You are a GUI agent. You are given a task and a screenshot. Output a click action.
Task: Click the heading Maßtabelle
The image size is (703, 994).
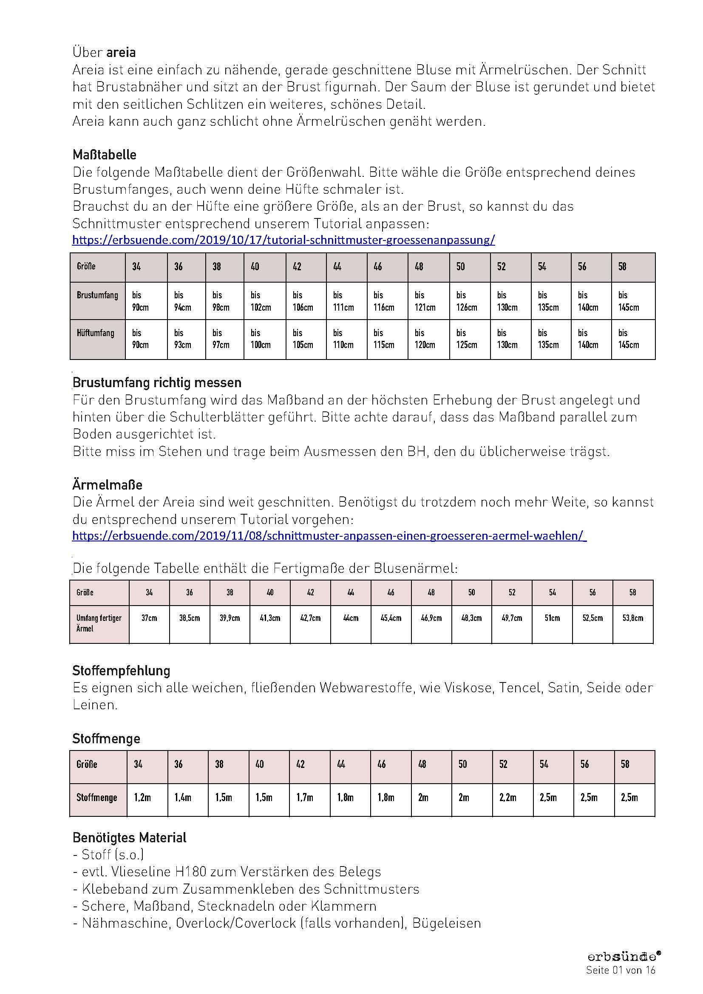click(x=104, y=155)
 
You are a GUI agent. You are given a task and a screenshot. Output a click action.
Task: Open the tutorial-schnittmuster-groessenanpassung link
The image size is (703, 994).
click(x=283, y=240)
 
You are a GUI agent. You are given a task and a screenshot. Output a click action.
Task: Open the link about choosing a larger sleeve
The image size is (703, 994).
click(x=329, y=536)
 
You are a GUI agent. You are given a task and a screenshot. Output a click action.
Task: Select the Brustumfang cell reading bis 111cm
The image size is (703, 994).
click(x=343, y=301)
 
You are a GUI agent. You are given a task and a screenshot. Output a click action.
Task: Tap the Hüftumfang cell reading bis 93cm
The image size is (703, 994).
click(x=183, y=339)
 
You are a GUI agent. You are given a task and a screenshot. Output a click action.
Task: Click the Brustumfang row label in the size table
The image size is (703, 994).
click(x=97, y=295)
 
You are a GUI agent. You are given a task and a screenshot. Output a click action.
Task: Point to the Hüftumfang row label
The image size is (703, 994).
click(x=96, y=333)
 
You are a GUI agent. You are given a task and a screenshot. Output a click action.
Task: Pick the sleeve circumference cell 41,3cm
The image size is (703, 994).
click(x=270, y=618)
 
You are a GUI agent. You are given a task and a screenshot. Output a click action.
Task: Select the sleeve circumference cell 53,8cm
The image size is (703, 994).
click(x=632, y=618)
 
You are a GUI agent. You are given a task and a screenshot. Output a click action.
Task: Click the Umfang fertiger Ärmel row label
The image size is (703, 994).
click(x=99, y=623)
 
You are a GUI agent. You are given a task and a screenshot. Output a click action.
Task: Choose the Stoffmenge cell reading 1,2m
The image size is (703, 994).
click(x=142, y=797)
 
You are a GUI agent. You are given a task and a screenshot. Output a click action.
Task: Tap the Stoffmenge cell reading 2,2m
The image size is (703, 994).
click(x=507, y=797)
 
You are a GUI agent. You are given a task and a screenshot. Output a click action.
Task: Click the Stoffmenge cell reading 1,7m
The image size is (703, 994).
click(x=305, y=797)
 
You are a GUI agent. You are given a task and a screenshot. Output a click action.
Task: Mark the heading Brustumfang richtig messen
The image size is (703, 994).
click(x=157, y=383)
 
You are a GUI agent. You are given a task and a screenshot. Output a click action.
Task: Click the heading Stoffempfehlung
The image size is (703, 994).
click(x=121, y=671)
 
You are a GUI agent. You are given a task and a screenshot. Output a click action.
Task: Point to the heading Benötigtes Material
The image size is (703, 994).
click(x=130, y=838)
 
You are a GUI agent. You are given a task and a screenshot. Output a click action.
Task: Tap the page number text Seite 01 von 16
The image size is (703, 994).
click(x=621, y=970)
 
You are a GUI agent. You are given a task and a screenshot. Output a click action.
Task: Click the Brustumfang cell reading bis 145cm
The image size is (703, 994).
click(x=628, y=301)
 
